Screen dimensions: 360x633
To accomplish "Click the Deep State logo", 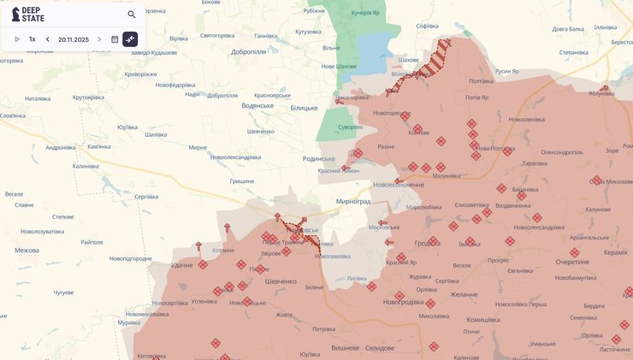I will tap(28, 15).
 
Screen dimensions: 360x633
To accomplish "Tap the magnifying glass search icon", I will tap(132, 15).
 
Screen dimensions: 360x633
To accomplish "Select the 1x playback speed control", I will tap(33, 39).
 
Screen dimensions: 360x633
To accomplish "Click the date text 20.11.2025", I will tap(74, 39).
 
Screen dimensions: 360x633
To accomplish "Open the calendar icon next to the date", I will tap(115, 39).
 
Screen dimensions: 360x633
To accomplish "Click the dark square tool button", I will tap(130, 39).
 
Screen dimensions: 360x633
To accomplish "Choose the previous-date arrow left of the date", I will tap(48, 39).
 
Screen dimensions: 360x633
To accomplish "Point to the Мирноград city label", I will tap(352, 201).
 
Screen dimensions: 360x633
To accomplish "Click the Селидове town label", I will tap(379, 347).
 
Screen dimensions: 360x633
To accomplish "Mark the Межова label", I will tap(27, 251).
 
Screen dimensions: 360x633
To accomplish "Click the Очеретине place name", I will tap(572, 262).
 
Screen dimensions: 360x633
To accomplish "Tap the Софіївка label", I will tap(427, 26).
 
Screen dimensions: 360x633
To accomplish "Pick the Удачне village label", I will tap(181, 265).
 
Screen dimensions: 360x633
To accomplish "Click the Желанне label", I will tap(464, 294).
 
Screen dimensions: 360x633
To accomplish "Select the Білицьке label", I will tap(304, 108).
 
